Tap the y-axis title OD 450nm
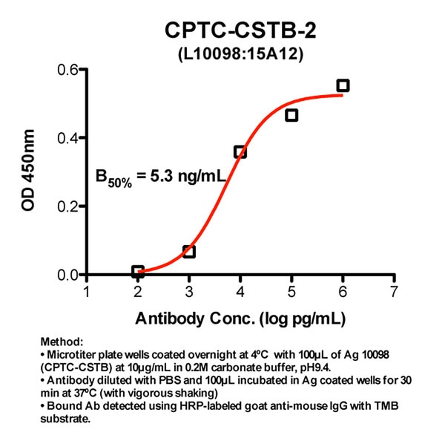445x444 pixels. click(x=28, y=172)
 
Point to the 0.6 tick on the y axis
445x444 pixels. click(x=68, y=71)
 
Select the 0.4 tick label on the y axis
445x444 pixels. click(x=68, y=139)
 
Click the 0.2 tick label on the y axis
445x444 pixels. click(x=68, y=206)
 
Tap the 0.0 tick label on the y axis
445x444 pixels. click(x=68, y=275)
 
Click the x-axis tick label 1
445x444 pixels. click(x=87, y=291)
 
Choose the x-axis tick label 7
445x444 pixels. click(x=394, y=291)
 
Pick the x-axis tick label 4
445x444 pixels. click(x=240, y=291)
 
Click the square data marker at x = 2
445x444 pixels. click(x=138, y=271)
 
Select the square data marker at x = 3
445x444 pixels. click(x=189, y=252)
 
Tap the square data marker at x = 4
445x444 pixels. click(x=240, y=151)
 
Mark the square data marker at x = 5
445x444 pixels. click(x=291, y=115)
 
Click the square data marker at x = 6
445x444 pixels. click(x=343, y=85)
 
